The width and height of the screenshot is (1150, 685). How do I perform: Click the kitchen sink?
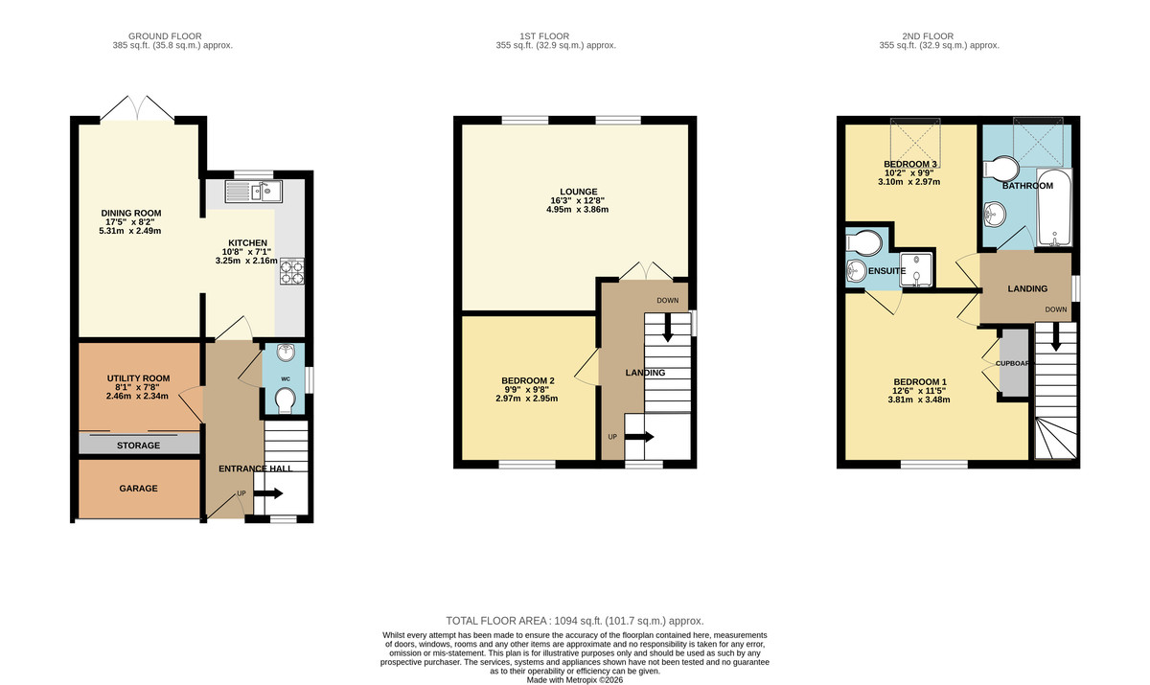click(x=252, y=193)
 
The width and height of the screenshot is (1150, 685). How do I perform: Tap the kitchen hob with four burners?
click(x=290, y=273)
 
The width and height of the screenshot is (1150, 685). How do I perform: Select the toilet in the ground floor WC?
click(x=284, y=406)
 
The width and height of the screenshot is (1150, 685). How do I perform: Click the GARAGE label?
click(x=138, y=488)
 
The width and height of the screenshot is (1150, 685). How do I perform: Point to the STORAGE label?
click(x=139, y=445)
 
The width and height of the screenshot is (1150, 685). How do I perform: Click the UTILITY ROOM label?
click(x=138, y=378)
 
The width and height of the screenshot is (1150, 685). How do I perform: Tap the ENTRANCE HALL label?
click(x=248, y=468)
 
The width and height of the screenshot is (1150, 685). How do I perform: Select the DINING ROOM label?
click(x=131, y=213)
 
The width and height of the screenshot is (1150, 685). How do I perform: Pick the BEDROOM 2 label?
click(x=528, y=380)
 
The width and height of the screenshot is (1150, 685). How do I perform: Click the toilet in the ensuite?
click(x=862, y=240)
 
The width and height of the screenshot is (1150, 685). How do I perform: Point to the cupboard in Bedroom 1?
click(x=1012, y=363)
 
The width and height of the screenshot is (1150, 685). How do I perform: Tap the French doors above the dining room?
click(x=138, y=107)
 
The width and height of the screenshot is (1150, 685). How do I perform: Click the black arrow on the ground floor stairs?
click(x=267, y=494)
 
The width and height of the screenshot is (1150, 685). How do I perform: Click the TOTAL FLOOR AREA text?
click(x=574, y=621)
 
